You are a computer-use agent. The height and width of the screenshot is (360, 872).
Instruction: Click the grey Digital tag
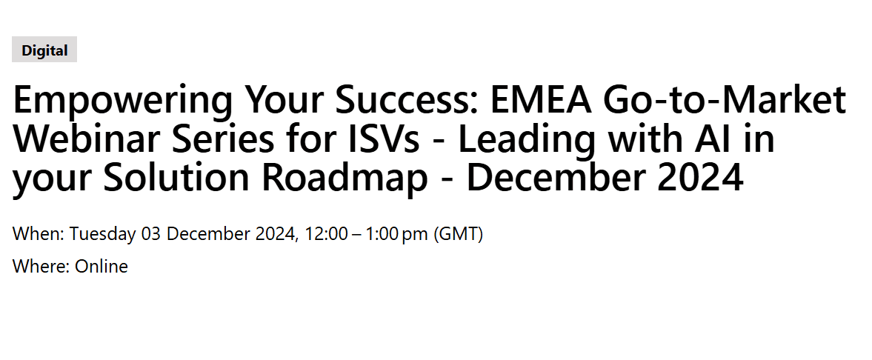44,50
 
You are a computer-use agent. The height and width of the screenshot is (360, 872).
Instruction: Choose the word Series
222,139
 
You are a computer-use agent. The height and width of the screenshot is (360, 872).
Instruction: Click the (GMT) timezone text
459,234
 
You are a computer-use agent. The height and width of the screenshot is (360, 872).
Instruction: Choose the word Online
101,267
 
